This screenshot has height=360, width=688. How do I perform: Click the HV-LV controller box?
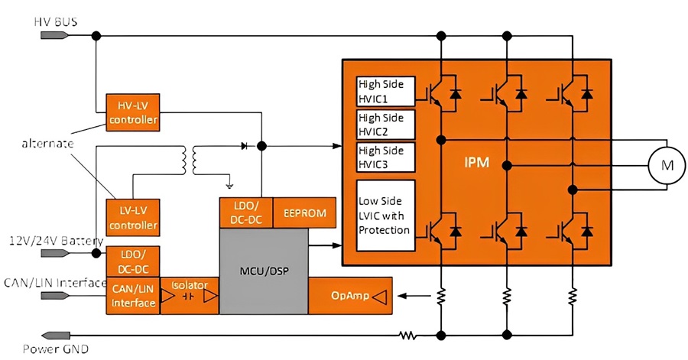click(x=132, y=112)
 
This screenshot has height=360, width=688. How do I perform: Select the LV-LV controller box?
click(x=132, y=218)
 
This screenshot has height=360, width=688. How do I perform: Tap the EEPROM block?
click(x=304, y=212)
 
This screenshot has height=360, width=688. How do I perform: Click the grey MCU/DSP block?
click(x=264, y=271)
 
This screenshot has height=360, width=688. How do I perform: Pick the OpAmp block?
click(x=350, y=296)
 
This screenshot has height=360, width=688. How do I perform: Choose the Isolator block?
click(x=190, y=296)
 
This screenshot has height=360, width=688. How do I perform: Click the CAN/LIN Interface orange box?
click(x=133, y=296)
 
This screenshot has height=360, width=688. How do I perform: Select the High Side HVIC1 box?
click(x=386, y=92)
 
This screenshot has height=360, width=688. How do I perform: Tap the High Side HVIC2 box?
click(x=386, y=125)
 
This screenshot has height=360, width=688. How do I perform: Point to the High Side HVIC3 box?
click(x=386, y=157)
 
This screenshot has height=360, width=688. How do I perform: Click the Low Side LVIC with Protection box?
click(x=386, y=216)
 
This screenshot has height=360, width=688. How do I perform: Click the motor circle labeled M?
click(x=667, y=165)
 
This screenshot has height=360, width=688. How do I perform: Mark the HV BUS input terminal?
click(x=55, y=35)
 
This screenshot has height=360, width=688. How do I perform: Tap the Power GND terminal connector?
click(x=55, y=336)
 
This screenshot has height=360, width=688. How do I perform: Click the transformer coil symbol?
click(x=189, y=160)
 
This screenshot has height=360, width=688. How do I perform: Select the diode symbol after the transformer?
click(x=245, y=145)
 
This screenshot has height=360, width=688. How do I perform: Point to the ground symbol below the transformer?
click(x=229, y=186)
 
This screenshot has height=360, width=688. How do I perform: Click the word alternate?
click(x=48, y=144)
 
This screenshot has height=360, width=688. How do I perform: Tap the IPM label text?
click(x=476, y=163)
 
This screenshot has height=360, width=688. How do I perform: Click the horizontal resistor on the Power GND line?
click(x=407, y=336)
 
